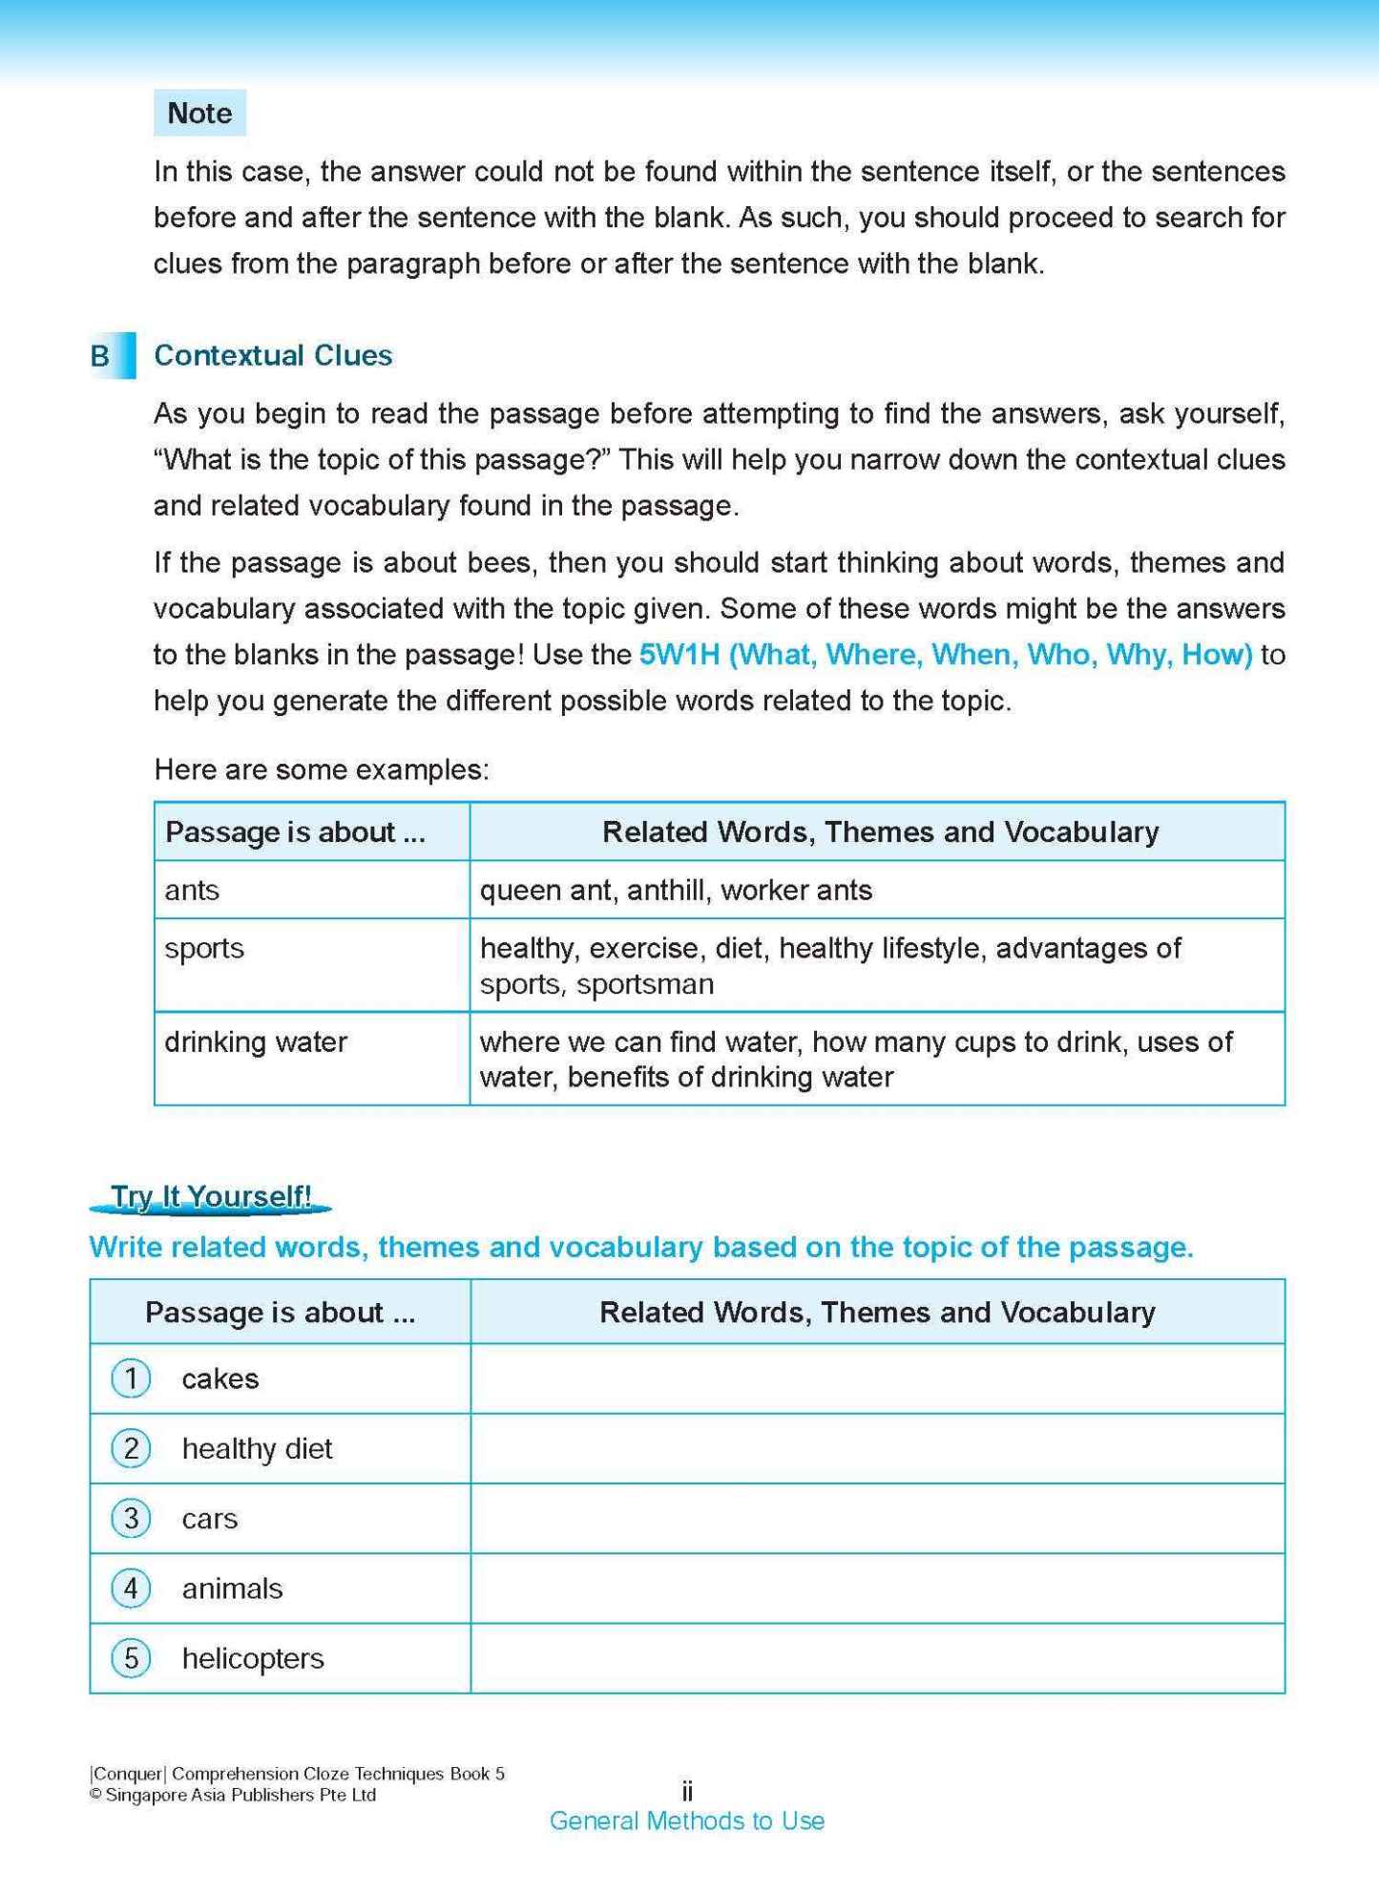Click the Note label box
[199, 113]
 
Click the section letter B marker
[102, 356]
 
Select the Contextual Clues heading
[273, 355]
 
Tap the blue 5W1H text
[945, 655]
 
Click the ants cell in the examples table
[192, 890]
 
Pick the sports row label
[204, 948]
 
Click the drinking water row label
[256, 1041]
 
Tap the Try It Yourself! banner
[211, 1197]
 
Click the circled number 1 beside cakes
[132, 1378]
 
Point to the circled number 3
[132, 1518]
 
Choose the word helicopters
[253, 1658]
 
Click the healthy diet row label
[257, 1448]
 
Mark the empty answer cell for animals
[876, 1588]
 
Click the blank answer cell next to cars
[876, 1518]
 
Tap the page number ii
[686, 1790]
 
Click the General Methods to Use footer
[686, 1820]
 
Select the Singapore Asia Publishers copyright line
[233, 1795]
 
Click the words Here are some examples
[322, 769]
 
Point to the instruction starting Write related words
[640, 1247]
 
